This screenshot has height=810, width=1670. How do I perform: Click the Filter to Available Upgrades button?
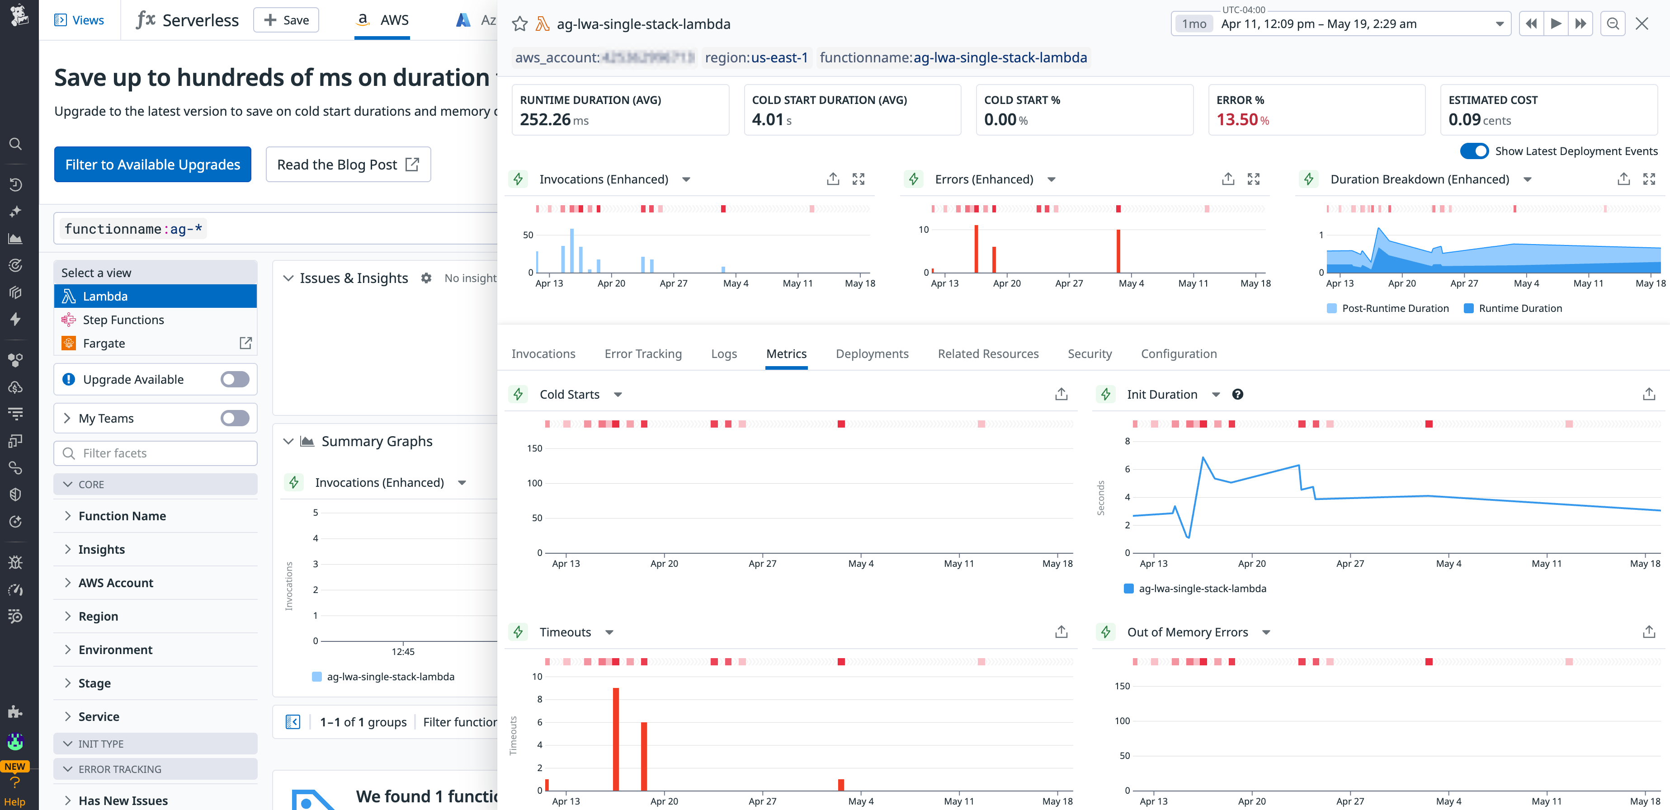(x=152, y=165)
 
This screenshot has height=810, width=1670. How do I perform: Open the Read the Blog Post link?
(x=348, y=165)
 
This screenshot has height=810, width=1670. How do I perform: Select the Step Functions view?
(x=123, y=320)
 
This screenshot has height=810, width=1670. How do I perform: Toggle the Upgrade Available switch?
(x=234, y=379)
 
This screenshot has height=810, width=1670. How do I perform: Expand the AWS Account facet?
(x=115, y=583)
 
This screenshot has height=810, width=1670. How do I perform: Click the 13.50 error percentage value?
(x=1237, y=120)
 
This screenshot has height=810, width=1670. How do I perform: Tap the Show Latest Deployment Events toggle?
(x=1473, y=151)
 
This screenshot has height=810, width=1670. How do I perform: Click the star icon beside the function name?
(x=520, y=24)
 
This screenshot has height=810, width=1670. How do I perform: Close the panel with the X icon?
(x=1642, y=24)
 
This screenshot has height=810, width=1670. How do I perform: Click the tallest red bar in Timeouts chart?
(x=615, y=739)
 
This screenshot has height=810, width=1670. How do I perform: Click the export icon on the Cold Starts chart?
(x=1061, y=394)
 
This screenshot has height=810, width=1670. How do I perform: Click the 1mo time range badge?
(x=1194, y=24)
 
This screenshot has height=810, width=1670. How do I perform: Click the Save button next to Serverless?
(x=286, y=20)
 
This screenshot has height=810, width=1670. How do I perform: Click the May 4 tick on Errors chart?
(x=1131, y=283)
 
